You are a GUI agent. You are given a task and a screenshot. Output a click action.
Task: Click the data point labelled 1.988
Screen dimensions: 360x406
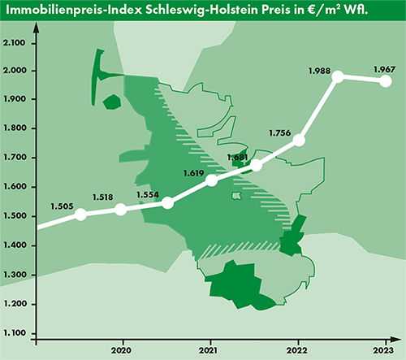(339, 77)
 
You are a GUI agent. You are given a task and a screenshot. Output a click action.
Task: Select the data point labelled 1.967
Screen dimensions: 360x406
(386, 81)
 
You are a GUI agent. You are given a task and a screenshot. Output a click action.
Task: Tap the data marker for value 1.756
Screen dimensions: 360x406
(298, 141)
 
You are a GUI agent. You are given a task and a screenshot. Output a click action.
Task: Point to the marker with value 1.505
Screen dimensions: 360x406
(80, 215)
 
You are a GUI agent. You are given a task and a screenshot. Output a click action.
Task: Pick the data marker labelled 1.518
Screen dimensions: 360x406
(121, 210)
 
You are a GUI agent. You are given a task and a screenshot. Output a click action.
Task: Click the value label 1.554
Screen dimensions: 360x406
(148, 195)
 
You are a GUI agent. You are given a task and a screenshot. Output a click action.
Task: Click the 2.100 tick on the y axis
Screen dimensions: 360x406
(15, 41)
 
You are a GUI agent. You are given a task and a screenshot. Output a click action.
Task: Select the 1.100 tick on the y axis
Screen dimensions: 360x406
(15, 333)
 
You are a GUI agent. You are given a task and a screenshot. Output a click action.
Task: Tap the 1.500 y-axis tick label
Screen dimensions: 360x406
(15, 216)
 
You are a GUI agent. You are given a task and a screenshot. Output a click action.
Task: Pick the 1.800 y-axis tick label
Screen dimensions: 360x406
(15, 129)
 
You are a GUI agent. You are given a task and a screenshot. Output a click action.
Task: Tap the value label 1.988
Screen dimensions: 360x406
(320, 72)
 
